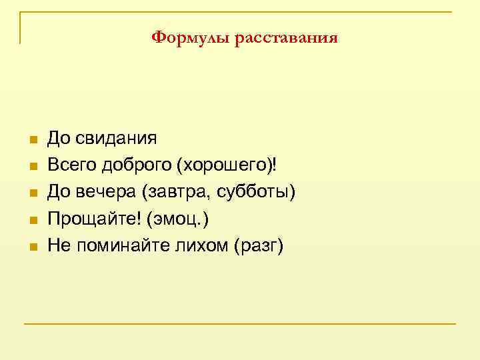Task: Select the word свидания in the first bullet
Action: click(x=116, y=139)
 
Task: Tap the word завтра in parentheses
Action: click(x=181, y=192)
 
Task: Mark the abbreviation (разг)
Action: click(x=259, y=245)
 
